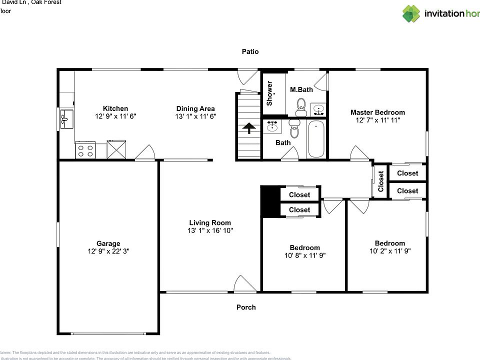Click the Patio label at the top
tap(250, 51)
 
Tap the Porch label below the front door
tap(246, 307)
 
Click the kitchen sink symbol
tap(65, 119)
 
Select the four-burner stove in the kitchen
tap(85, 149)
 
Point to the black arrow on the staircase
tap(248, 129)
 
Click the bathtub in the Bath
tap(316, 139)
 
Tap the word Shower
tap(269, 93)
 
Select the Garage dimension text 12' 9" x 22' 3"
tap(108, 252)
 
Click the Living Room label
tap(210, 222)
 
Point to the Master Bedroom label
tap(377, 112)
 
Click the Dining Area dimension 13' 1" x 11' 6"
tap(195, 116)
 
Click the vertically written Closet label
tap(381, 181)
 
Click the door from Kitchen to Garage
tap(145, 153)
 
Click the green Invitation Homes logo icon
tap(411, 13)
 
